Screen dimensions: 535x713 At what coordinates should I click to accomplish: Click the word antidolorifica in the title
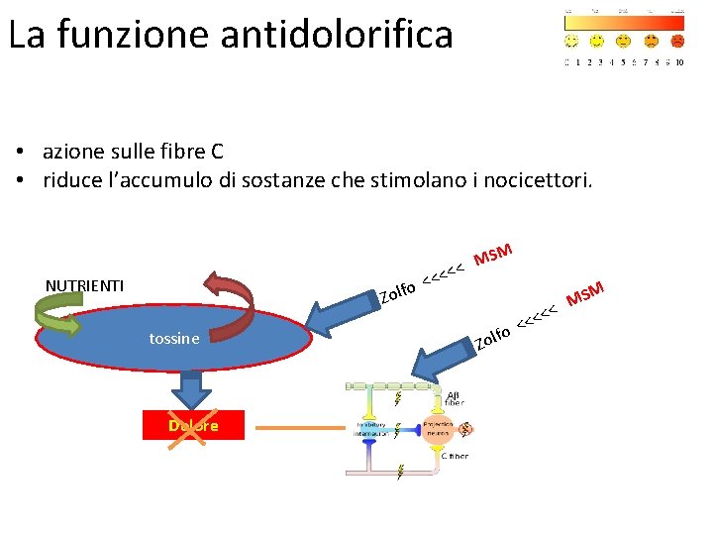click(337, 35)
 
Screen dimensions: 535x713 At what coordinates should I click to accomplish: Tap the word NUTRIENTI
click(85, 286)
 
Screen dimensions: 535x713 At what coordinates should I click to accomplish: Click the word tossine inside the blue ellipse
click(174, 339)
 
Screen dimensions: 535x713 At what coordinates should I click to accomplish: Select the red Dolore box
click(193, 426)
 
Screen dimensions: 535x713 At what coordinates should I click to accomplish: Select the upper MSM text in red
click(492, 255)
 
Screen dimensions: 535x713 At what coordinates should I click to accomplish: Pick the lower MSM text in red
click(584, 293)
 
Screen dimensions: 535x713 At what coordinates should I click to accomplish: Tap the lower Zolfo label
click(491, 338)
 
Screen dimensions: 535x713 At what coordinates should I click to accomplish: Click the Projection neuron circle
click(437, 428)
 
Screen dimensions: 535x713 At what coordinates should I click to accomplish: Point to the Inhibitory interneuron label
click(372, 429)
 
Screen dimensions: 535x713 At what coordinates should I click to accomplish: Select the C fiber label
click(456, 456)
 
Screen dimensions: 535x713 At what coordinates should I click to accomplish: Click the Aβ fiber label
click(454, 398)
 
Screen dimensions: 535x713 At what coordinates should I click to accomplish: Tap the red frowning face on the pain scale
click(677, 41)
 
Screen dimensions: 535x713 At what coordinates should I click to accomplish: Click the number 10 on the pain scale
click(679, 61)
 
